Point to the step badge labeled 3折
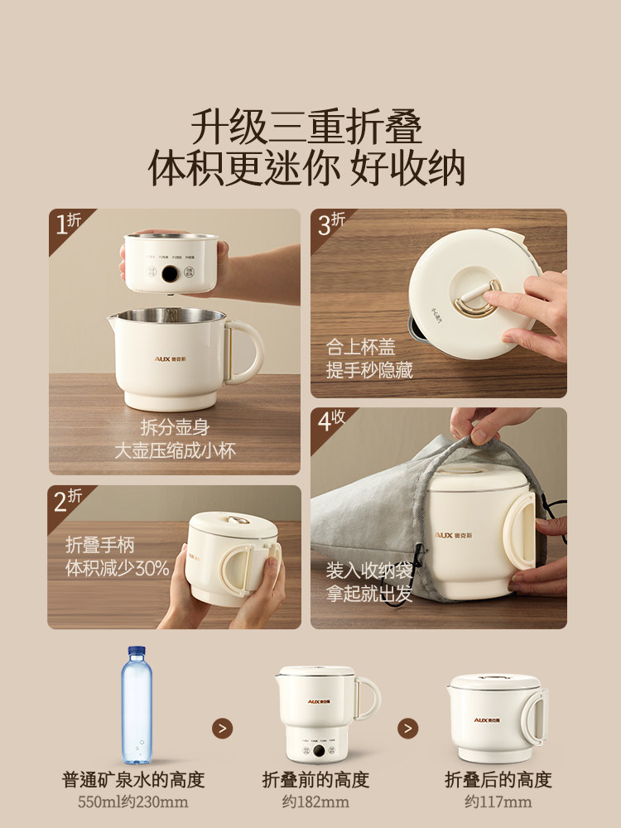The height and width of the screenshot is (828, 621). [331, 224]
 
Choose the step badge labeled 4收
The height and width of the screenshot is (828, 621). [331, 422]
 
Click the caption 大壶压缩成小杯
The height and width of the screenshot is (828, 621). [175, 451]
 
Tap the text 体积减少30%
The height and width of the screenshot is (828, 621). [117, 568]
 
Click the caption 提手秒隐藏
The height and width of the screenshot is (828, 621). [369, 370]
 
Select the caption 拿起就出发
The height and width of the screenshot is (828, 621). [368, 595]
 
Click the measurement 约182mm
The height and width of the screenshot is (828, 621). [315, 802]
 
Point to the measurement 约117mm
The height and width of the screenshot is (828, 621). [497, 802]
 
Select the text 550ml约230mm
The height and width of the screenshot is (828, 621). [133, 802]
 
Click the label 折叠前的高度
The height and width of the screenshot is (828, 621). [315, 779]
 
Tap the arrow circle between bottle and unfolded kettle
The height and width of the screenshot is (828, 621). [222, 728]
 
